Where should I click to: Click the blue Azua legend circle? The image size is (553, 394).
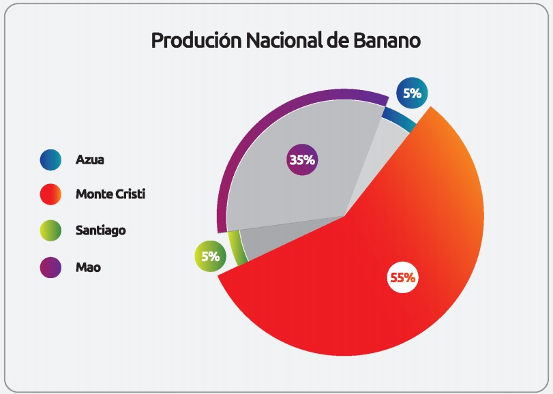50,160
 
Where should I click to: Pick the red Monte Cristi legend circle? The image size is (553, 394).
50,194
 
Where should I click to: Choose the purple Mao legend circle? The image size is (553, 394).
50,267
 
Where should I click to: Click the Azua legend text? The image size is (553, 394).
89,160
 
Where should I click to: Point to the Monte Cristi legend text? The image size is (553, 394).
110,194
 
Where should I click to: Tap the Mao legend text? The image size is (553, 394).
88,267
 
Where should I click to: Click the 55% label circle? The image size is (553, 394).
402,277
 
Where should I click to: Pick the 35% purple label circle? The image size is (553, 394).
301,160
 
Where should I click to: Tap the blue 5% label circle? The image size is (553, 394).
412,93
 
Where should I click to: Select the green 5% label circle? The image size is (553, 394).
210,257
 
